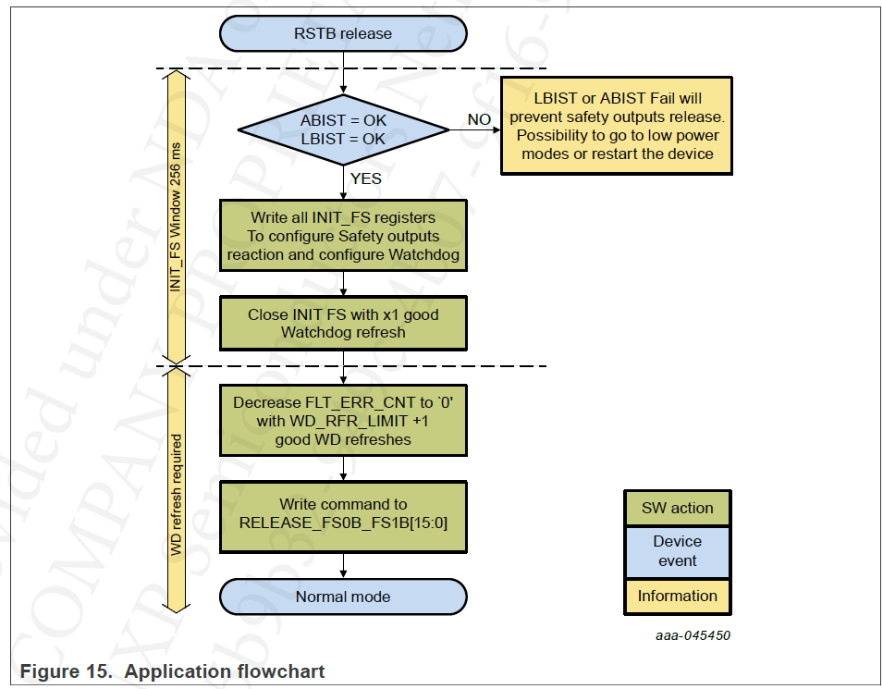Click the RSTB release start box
(x=343, y=34)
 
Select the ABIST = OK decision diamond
(x=343, y=129)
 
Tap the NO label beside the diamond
(x=479, y=119)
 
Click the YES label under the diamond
(x=365, y=178)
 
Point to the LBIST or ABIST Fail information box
(x=617, y=126)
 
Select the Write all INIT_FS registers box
(x=343, y=236)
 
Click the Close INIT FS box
(x=343, y=323)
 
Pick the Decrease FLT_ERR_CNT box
(x=343, y=421)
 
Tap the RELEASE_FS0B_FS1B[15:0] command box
(x=343, y=513)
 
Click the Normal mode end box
(x=343, y=597)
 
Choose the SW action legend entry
(x=677, y=508)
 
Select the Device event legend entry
(x=677, y=551)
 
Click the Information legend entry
(x=677, y=597)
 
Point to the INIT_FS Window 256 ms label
(x=176, y=217)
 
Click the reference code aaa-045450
(x=693, y=635)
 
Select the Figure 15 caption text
(x=172, y=671)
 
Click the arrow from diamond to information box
(x=474, y=130)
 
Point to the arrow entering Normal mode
(x=343, y=566)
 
